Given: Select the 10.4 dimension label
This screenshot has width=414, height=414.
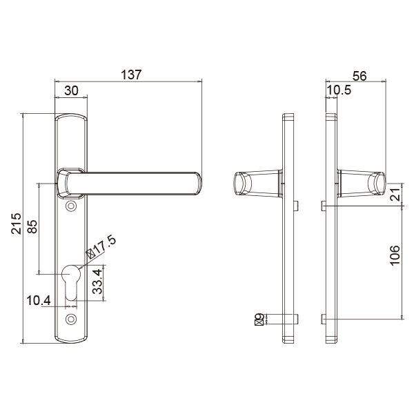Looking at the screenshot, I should (38, 301).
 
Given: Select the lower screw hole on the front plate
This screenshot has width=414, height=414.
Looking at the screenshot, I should (71, 319).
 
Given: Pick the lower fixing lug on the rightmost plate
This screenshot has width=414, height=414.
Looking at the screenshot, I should (322, 318).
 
